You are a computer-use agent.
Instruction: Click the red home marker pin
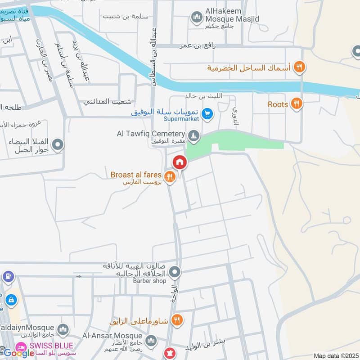tap(180, 162)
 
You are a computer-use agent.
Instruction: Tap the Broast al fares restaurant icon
tap(169, 176)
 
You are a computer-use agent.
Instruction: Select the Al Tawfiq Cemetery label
tap(151, 134)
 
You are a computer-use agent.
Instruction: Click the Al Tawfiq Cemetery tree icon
tap(193, 135)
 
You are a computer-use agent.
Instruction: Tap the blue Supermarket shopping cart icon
tap(207, 113)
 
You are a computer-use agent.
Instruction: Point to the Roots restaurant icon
tap(296, 104)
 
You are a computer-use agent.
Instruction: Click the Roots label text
tap(278, 104)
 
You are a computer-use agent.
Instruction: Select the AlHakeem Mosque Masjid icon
tap(196, 18)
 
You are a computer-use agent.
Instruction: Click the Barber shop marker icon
tap(175, 272)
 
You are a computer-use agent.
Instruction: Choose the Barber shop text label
tap(149, 281)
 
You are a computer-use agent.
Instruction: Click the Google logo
tap(19, 353)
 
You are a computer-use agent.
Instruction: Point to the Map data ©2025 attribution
tap(335, 355)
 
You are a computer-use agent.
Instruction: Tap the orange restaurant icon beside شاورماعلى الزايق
tap(177, 320)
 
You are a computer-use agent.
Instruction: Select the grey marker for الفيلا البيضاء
tap(58, 145)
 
